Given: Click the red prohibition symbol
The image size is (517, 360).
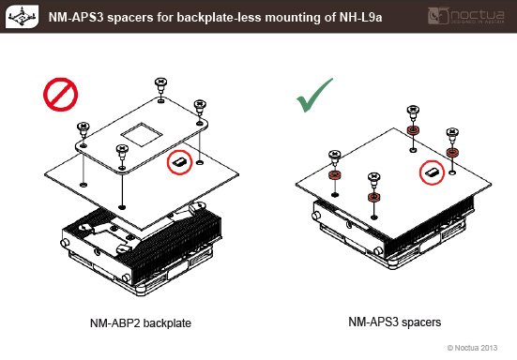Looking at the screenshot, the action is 60,95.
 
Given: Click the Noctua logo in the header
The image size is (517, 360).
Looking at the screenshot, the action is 466,16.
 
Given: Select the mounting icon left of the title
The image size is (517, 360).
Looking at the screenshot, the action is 22,16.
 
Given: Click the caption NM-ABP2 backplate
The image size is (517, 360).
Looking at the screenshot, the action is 141,322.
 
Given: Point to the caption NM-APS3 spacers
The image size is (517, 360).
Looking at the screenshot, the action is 395,322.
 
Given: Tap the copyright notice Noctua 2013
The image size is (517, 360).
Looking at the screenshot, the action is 472,348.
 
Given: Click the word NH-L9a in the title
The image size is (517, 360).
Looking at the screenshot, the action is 360,17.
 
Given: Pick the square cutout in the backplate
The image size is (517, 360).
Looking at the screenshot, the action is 142,134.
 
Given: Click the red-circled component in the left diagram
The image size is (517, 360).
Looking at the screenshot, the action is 179,162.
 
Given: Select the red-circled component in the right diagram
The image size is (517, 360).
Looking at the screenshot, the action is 432,172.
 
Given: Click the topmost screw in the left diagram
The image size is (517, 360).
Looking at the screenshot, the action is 160,86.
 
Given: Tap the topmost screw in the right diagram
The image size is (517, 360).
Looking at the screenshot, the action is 413,114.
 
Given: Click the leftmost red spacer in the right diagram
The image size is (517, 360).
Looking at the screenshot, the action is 335,175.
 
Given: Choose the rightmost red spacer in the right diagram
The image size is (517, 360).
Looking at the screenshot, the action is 452,153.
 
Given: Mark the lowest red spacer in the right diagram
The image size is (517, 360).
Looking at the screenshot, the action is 373,197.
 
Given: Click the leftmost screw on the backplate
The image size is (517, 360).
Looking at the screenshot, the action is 84,130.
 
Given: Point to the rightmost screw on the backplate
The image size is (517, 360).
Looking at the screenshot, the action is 200,109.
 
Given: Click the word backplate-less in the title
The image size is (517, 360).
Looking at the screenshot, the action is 218,17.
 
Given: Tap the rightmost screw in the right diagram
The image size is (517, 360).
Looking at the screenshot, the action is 452,137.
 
